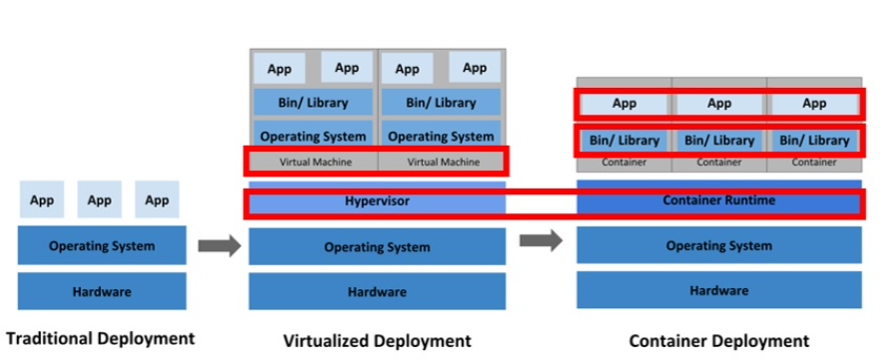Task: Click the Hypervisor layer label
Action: (x=377, y=201)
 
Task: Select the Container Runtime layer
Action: (x=718, y=201)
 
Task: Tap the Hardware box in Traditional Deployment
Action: (x=102, y=291)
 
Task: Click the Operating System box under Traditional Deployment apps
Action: (x=102, y=245)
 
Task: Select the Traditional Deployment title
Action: (x=102, y=337)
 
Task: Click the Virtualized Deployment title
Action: (x=377, y=341)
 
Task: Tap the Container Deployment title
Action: (x=718, y=341)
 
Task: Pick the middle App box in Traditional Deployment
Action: (x=100, y=199)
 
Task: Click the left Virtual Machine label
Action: (x=313, y=162)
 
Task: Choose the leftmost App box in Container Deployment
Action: (x=624, y=104)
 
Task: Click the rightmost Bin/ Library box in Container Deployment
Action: (x=814, y=141)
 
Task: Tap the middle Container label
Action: (x=718, y=162)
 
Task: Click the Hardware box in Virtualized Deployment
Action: (x=377, y=292)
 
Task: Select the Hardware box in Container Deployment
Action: (x=718, y=290)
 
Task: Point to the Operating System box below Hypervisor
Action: (x=377, y=246)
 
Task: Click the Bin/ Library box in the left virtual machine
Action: (x=313, y=103)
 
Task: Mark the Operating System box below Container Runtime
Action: (x=718, y=245)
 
